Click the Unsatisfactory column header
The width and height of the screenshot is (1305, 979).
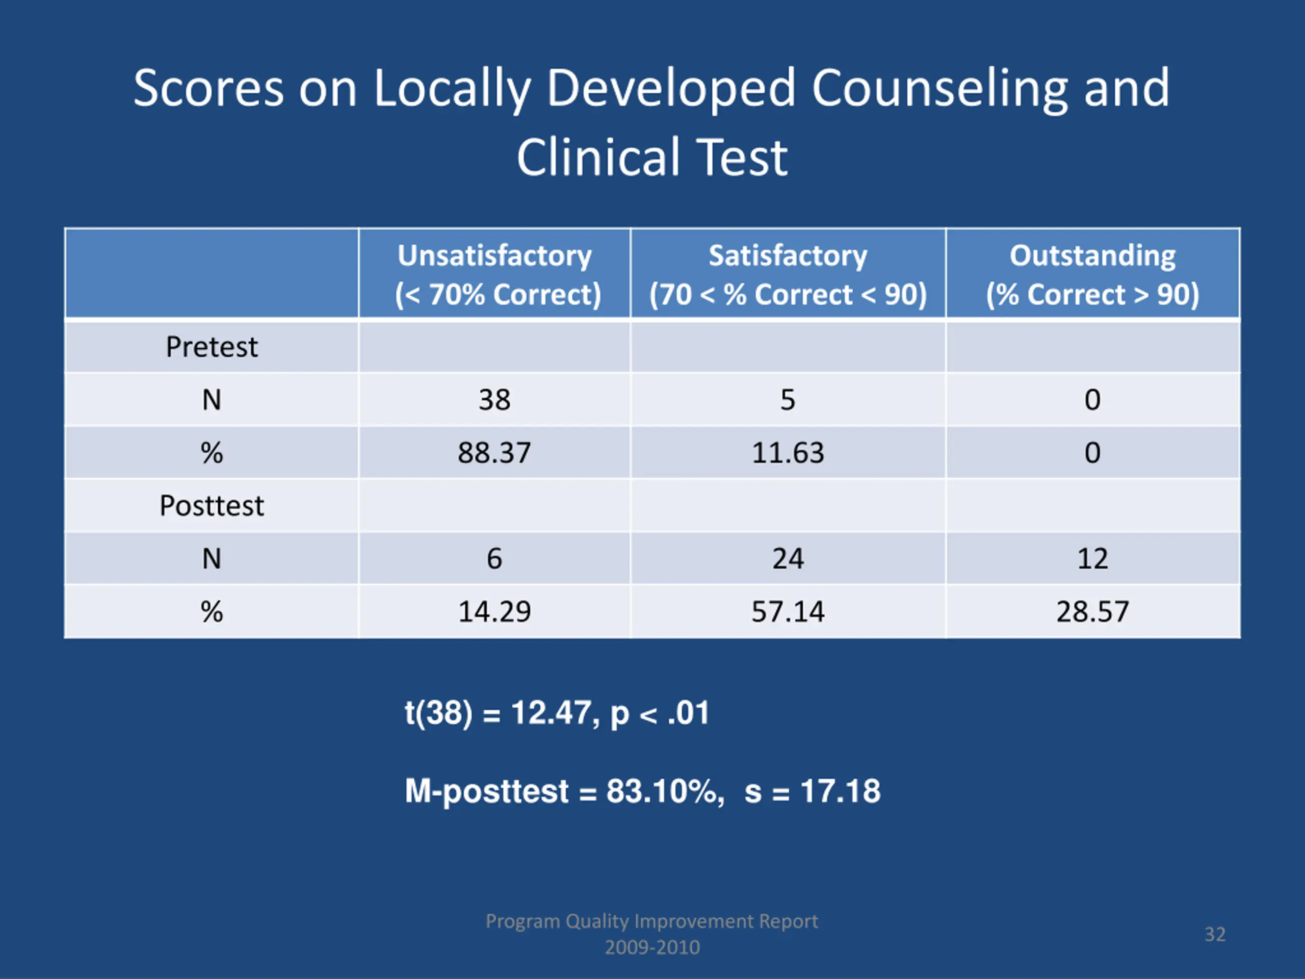pos(494,274)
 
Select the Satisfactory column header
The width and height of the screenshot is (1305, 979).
pos(788,274)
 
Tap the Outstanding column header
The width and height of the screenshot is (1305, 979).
pos(1092,274)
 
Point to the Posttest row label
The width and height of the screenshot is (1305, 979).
pos(211,506)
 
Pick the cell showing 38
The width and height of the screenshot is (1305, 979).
pos(494,400)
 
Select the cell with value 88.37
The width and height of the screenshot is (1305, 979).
pos(494,453)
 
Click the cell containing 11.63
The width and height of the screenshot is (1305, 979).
pos(788,453)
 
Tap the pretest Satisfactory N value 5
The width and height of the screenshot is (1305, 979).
pos(788,400)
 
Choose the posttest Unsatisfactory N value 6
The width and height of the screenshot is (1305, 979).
pos(494,558)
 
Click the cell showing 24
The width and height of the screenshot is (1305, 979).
pos(788,558)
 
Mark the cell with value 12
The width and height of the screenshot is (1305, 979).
pos(1092,558)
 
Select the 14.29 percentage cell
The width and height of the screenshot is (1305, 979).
pos(494,611)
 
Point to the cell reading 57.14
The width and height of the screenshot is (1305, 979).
pos(788,611)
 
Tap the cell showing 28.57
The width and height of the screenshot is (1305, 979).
pos(1092,611)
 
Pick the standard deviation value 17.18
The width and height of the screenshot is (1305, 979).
pos(840,791)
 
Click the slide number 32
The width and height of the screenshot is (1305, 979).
pos(1215,934)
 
